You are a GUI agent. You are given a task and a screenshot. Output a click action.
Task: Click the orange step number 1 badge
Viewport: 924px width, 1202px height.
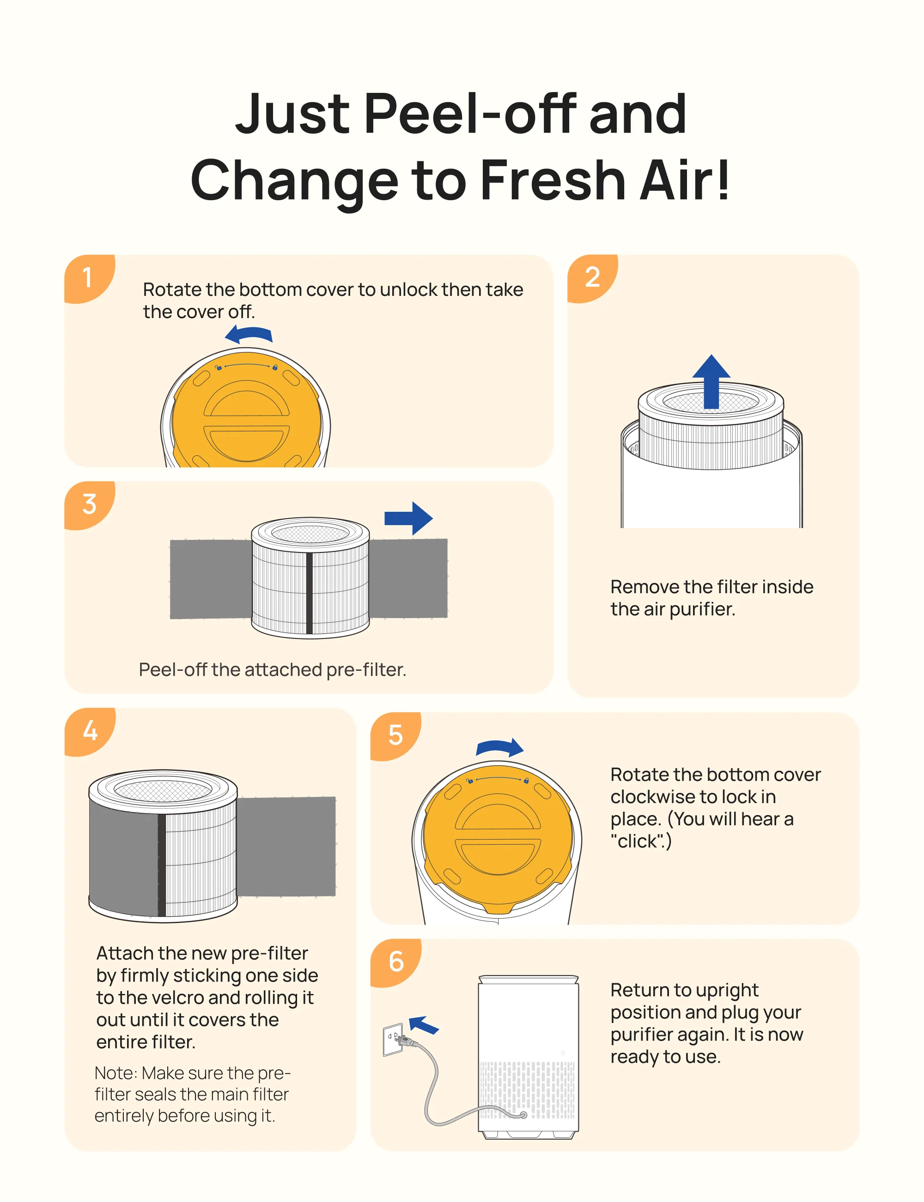click(88, 277)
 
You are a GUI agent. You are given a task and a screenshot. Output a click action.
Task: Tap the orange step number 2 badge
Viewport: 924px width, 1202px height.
click(592, 277)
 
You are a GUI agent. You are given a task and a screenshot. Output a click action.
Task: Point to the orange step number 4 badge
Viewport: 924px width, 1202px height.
click(89, 731)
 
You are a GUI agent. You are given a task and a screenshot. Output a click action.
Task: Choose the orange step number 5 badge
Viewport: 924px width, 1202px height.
click(395, 736)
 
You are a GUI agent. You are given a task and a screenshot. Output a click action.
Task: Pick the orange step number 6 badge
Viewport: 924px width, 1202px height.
click(395, 963)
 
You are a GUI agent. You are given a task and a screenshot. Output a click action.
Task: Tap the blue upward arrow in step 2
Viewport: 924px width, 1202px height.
click(711, 381)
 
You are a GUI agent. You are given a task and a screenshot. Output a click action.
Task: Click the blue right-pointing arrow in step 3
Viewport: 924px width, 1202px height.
click(409, 518)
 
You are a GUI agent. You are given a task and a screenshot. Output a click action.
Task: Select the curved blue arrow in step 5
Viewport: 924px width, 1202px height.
click(499, 748)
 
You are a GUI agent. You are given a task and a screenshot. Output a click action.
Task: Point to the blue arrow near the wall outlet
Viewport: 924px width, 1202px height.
click(424, 1025)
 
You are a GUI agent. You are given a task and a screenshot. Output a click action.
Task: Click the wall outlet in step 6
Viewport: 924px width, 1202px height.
click(393, 1040)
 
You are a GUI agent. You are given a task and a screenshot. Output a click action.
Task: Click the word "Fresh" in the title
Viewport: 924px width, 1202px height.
click(553, 180)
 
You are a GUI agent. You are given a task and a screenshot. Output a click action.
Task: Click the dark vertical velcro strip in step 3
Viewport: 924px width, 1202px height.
click(310, 593)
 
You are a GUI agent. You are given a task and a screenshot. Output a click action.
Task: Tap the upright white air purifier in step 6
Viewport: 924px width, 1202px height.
click(528, 1057)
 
